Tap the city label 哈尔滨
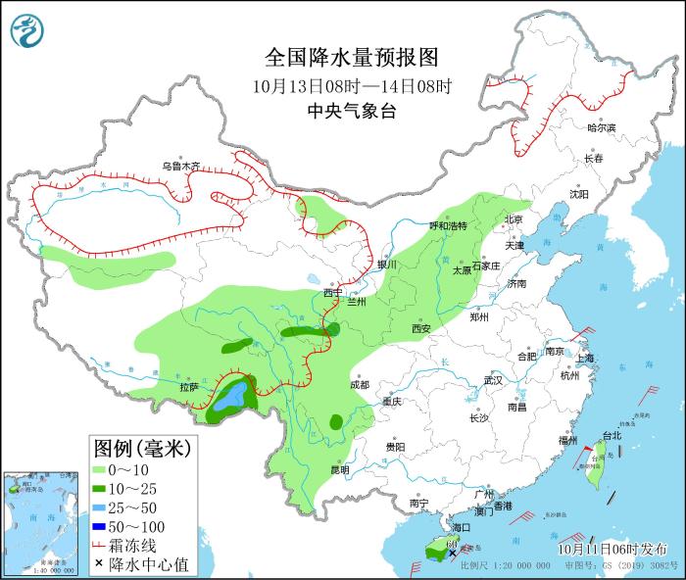(601, 127)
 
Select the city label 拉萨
(189, 387)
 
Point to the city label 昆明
(339, 469)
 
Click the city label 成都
(359, 385)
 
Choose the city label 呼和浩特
(449, 225)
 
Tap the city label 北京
(514, 218)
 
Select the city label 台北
(611, 435)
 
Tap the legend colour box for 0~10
(101, 470)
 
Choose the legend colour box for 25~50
(101, 507)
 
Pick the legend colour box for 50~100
(101, 527)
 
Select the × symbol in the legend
(100, 563)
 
